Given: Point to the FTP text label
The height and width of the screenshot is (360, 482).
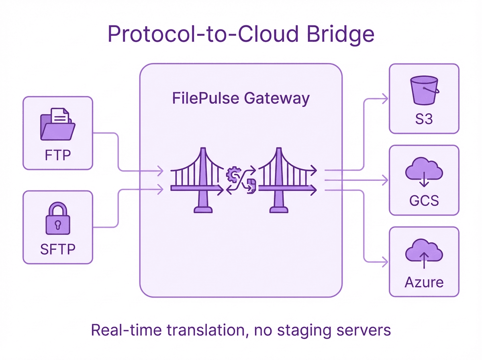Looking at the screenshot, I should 58,155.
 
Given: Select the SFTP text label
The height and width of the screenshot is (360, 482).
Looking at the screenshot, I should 58,250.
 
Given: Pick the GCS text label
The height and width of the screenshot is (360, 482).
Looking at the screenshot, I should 424,200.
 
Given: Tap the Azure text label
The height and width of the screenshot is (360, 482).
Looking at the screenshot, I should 424,282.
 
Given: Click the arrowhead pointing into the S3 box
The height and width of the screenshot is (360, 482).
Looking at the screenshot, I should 386,98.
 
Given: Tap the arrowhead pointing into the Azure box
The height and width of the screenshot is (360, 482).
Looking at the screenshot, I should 386,262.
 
